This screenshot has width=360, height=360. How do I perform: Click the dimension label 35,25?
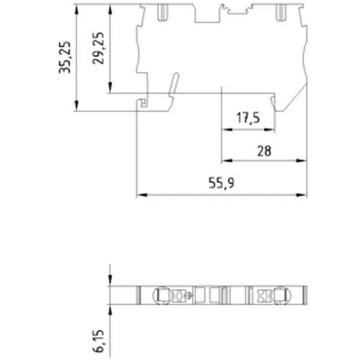click(x=64, y=57)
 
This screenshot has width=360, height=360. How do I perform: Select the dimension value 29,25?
click(x=98, y=49)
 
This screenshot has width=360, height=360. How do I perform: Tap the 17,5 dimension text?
click(x=248, y=118)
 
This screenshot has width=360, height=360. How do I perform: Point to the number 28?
click(x=264, y=151)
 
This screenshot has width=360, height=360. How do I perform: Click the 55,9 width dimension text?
click(x=221, y=183)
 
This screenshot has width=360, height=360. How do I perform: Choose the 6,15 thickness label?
click(x=98, y=341)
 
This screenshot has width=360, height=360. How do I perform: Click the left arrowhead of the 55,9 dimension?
click(x=142, y=195)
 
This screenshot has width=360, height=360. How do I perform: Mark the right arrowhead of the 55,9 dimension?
click(x=301, y=195)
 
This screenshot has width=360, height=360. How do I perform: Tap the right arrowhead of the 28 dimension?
click(x=301, y=161)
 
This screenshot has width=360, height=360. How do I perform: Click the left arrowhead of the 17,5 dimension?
click(x=227, y=130)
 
